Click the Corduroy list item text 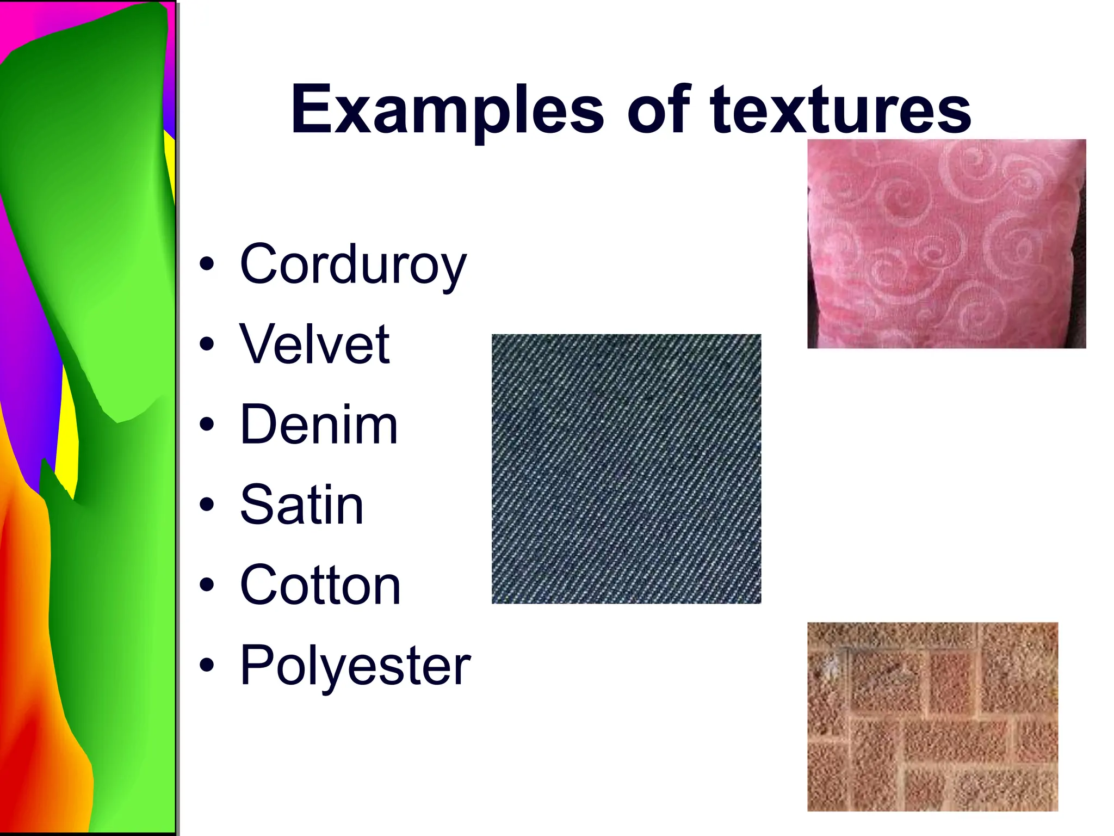tap(353, 265)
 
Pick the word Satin tap(302, 505)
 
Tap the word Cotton tap(320, 586)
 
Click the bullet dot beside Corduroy tap(207, 265)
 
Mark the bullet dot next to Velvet tap(207, 344)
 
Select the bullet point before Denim tap(207, 425)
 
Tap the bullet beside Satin tap(207, 505)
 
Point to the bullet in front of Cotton tap(207, 586)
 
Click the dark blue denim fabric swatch tap(626, 469)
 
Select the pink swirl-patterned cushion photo tap(946, 244)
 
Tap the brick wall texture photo tap(932, 716)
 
